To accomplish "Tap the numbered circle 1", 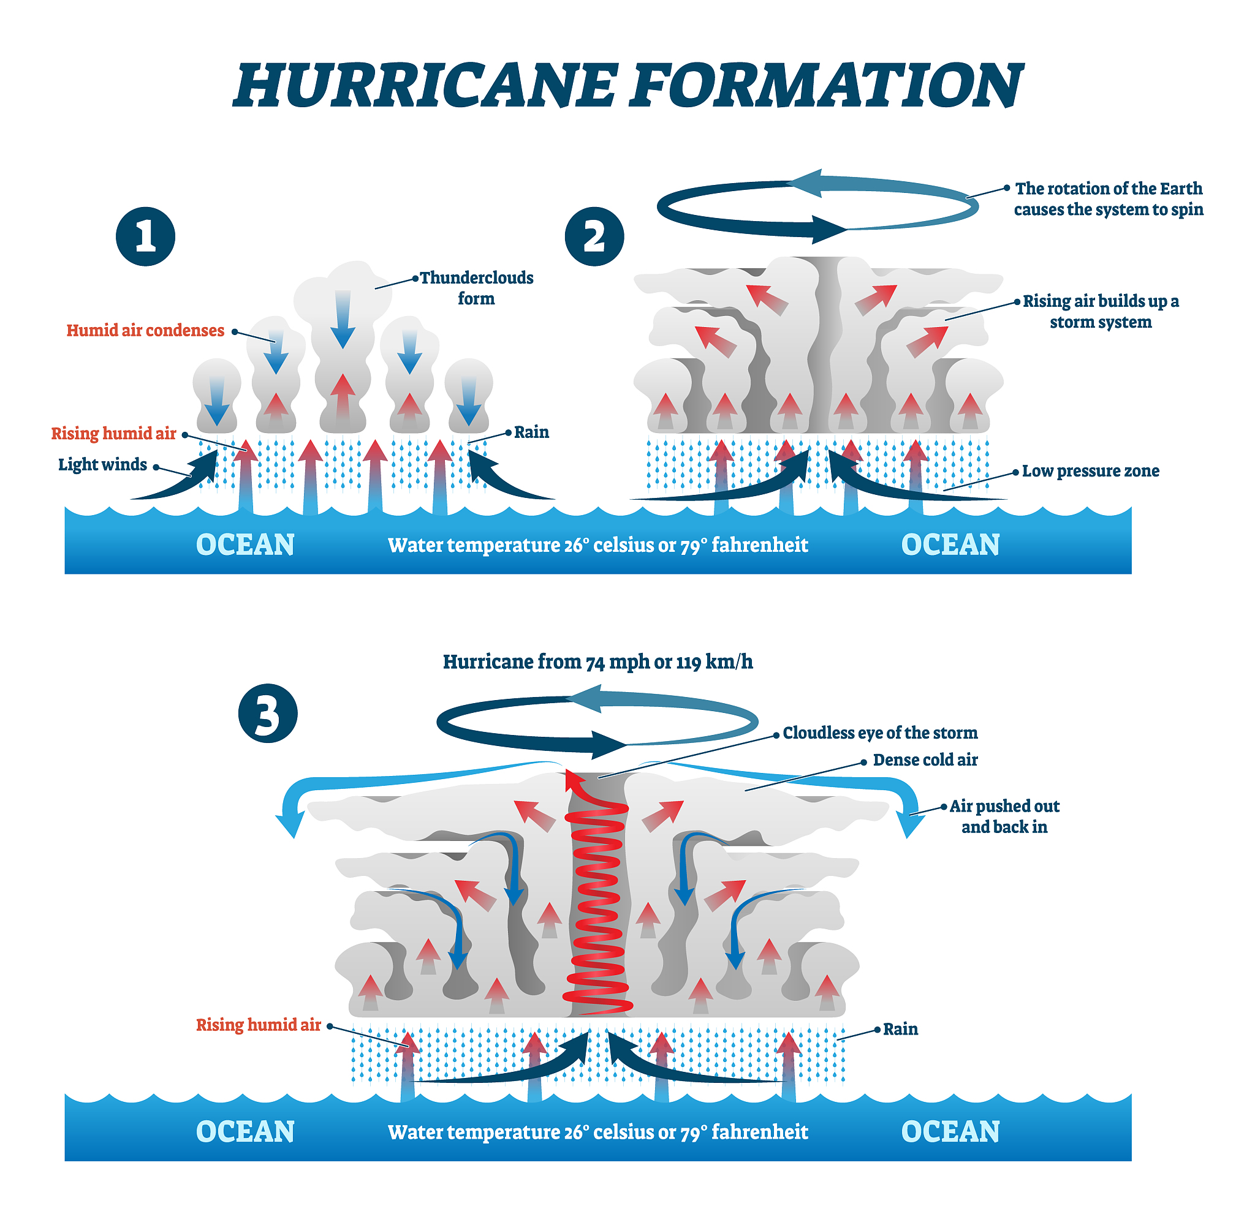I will [145, 236].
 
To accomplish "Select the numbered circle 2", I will [594, 236].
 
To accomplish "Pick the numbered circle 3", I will [268, 713].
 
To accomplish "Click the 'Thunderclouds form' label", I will [476, 288].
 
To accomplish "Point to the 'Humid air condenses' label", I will [145, 330].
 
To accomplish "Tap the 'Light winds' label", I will [102, 464].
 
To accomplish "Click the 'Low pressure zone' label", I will [1090, 471].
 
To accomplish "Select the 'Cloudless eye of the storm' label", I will [880, 733].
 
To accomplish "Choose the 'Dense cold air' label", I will [925, 760].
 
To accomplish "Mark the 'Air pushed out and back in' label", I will [1004, 816].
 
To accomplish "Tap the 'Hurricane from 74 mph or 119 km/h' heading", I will [597, 662].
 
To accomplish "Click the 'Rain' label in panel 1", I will [531, 432].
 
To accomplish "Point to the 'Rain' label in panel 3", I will [900, 1030].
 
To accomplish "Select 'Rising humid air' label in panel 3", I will [258, 1025].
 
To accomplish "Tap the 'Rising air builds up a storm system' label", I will [1100, 311].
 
